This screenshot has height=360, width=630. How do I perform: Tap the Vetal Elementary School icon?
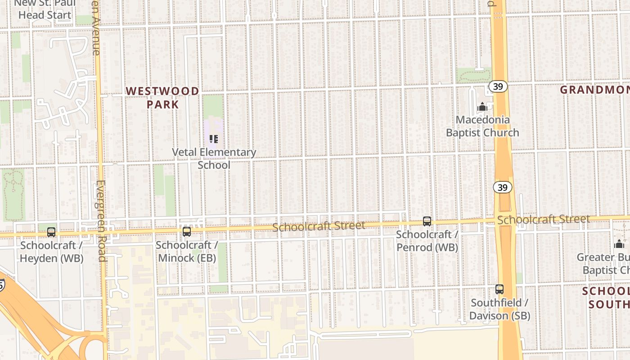[x=214, y=139]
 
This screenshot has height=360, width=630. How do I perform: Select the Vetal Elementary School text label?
[x=214, y=158]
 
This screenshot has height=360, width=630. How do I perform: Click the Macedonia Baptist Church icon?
[x=482, y=107]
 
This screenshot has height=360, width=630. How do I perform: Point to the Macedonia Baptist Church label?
[x=482, y=126]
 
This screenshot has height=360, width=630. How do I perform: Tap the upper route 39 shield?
[x=498, y=86]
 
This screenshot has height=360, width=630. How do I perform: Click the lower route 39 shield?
[x=503, y=187]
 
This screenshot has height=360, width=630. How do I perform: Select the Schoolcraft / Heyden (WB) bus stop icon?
[x=51, y=232]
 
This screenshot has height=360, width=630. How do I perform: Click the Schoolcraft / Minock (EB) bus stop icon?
[x=186, y=232]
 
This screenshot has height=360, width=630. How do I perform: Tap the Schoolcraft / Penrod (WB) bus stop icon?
[x=427, y=221]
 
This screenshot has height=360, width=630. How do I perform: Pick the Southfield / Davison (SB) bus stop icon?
[x=499, y=289]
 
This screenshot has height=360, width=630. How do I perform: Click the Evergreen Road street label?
[x=101, y=220]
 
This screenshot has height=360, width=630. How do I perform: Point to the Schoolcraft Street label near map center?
[x=319, y=226]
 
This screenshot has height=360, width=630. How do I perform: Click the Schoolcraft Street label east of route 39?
[x=543, y=220]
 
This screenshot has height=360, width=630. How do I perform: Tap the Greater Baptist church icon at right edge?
[x=619, y=244]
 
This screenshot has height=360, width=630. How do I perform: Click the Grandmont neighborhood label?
[x=594, y=90]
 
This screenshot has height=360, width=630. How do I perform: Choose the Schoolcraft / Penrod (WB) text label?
[x=427, y=241]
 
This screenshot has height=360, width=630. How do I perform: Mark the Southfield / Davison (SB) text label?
[x=499, y=309]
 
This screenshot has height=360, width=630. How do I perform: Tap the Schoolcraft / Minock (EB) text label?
[x=186, y=252]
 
